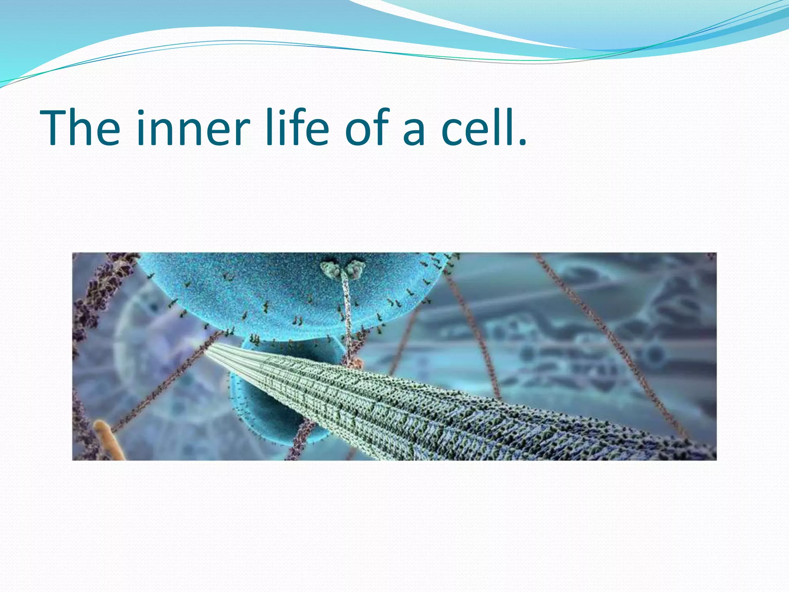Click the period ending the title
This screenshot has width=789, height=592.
point(522,143)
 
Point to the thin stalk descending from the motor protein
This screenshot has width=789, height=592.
point(347,312)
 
